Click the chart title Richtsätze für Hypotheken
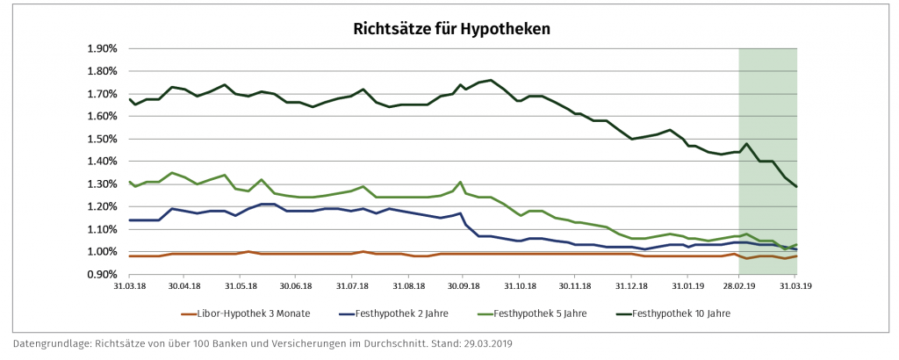pos(451,28)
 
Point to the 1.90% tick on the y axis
pos(103,48)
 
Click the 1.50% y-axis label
pos(103,139)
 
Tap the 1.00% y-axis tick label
pos(103,252)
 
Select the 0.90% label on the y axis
pos(103,275)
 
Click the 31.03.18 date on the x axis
pos(129,286)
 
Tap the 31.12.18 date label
pos(630,286)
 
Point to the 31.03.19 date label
pos(796,286)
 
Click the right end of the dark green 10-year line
pos(796,186)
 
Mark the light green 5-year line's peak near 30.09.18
pos(460,183)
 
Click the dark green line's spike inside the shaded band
pos(746,144)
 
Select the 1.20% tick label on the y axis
pos(103,207)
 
